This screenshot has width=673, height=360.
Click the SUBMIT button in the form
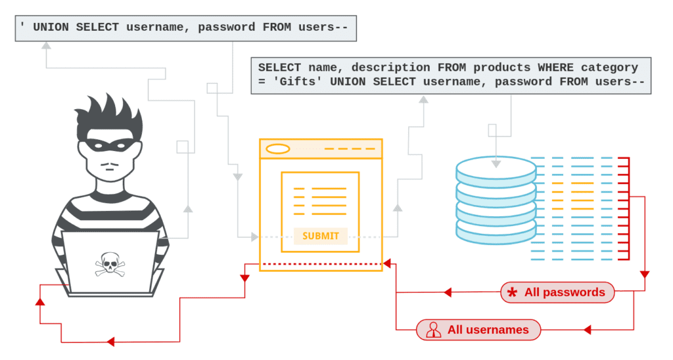320,236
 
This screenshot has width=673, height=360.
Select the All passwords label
557,292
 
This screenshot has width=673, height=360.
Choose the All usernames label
478,330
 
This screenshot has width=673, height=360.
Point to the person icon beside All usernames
433,330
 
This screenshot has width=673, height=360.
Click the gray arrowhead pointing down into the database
496,161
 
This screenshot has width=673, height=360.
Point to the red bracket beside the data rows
626,208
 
